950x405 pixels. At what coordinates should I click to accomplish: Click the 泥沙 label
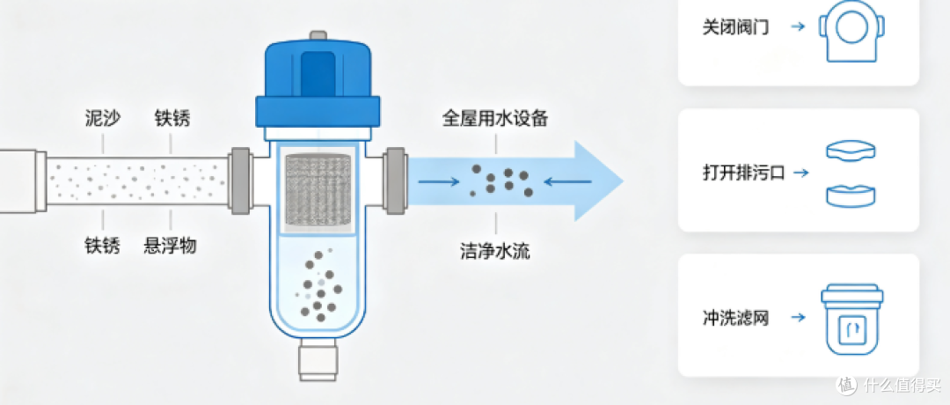pyautogui.click(x=102, y=118)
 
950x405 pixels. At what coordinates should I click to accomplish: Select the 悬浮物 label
pyautogui.click(x=171, y=246)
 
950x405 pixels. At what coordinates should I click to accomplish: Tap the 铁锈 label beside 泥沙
pyautogui.click(x=172, y=118)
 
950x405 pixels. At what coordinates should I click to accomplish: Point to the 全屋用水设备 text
pyautogui.click(x=495, y=118)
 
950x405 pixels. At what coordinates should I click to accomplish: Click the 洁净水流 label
pyautogui.click(x=495, y=251)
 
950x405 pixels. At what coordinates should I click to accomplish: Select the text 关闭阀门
pyautogui.click(x=736, y=27)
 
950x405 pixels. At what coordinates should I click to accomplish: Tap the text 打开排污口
pyautogui.click(x=743, y=173)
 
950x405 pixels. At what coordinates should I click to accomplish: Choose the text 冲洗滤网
pyautogui.click(x=736, y=318)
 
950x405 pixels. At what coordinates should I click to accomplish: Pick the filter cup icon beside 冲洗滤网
pyautogui.click(x=851, y=320)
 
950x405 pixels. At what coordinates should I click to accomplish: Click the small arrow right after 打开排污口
pyautogui.click(x=801, y=173)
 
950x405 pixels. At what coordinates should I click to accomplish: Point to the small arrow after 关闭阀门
pyautogui.click(x=799, y=27)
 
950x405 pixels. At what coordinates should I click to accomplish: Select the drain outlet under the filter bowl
pyautogui.click(x=318, y=359)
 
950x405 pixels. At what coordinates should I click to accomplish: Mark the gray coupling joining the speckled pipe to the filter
pyautogui.click(x=240, y=180)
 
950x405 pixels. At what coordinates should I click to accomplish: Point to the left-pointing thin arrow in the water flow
pyautogui.click(x=567, y=180)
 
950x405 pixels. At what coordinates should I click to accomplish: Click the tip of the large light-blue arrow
pyautogui.click(x=623, y=180)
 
